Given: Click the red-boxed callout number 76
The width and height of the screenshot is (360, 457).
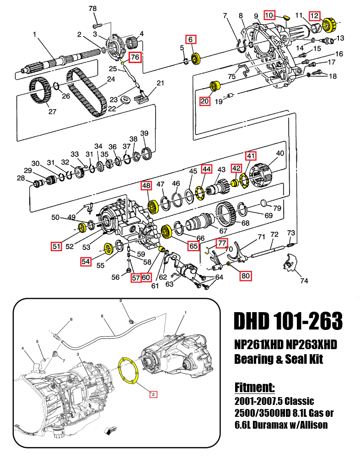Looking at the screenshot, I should (135, 57).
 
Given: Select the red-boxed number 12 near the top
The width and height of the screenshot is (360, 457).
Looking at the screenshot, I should (314, 16).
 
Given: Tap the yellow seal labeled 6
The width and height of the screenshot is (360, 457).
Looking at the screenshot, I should (197, 58).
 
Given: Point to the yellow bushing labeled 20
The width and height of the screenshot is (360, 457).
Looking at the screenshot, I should (214, 86).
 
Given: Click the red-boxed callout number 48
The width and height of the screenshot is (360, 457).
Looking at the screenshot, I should (146, 186).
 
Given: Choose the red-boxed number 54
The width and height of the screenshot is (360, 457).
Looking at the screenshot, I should (86, 261).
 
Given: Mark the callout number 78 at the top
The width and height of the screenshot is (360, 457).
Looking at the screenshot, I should (92, 9).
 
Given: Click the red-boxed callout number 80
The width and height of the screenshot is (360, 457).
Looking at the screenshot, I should (246, 276).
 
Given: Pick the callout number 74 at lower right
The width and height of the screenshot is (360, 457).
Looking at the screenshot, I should (304, 281).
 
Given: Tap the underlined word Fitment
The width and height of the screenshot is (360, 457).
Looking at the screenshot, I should (254, 388).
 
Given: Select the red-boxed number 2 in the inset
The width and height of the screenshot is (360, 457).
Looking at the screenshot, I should (153, 393).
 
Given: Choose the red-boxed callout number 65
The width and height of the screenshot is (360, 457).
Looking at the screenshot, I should (193, 246).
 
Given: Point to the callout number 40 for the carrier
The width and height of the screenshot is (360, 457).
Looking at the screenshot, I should (280, 153).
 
